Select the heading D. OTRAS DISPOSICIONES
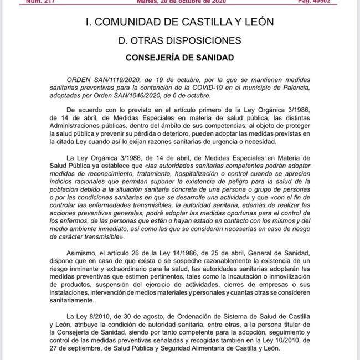pyautogui.click(x=179, y=40)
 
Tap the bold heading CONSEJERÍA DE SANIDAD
pyautogui.click(x=179, y=57)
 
